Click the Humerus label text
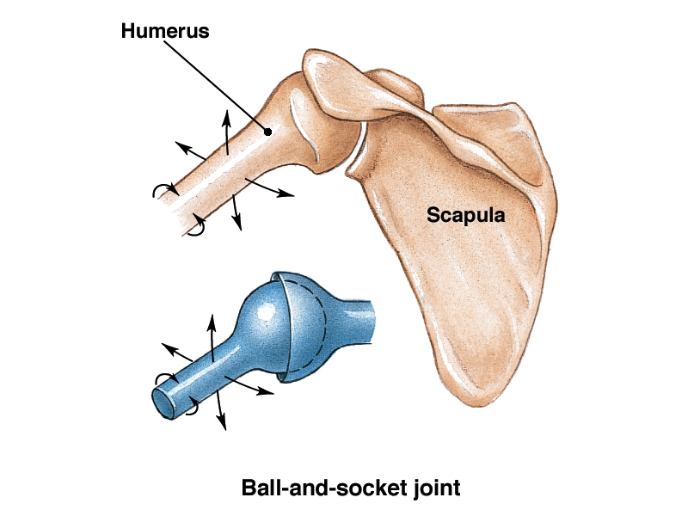click(x=165, y=32)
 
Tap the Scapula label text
click(x=465, y=215)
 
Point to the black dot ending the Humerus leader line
click(x=268, y=132)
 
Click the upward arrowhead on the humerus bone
click(x=229, y=114)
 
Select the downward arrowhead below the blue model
click(x=222, y=424)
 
